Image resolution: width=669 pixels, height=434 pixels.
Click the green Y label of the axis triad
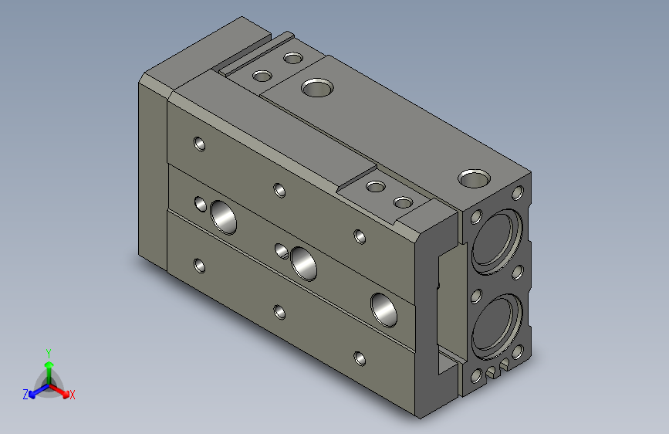point(49,351)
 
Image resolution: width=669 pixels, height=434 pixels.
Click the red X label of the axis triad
point(73,395)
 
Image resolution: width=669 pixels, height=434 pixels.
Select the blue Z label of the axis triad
point(25,395)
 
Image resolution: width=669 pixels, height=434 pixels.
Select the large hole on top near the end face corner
point(472,178)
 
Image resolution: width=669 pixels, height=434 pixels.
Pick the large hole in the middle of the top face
point(315,86)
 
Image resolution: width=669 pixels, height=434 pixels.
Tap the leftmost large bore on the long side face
point(224,217)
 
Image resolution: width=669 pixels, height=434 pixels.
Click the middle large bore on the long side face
point(303,262)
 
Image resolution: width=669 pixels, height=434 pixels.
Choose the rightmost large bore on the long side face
point(383,308)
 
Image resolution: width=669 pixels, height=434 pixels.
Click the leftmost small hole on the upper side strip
point(199,144)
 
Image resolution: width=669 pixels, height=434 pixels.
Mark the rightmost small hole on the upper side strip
point(359,236)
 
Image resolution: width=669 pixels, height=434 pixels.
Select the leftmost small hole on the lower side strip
point(200,266)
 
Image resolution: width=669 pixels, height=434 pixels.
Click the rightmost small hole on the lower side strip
point(360,358)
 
